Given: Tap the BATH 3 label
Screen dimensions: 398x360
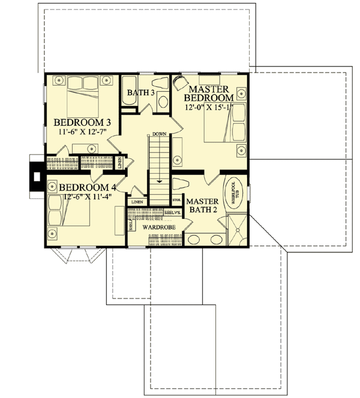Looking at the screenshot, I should [142, 93].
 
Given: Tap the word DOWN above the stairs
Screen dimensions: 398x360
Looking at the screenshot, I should [159, 134].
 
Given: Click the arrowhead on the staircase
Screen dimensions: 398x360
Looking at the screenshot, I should [159, 180].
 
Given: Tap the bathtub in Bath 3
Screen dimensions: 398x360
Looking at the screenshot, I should [130, 91].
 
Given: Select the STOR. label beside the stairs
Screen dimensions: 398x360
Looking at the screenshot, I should [177, 200].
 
